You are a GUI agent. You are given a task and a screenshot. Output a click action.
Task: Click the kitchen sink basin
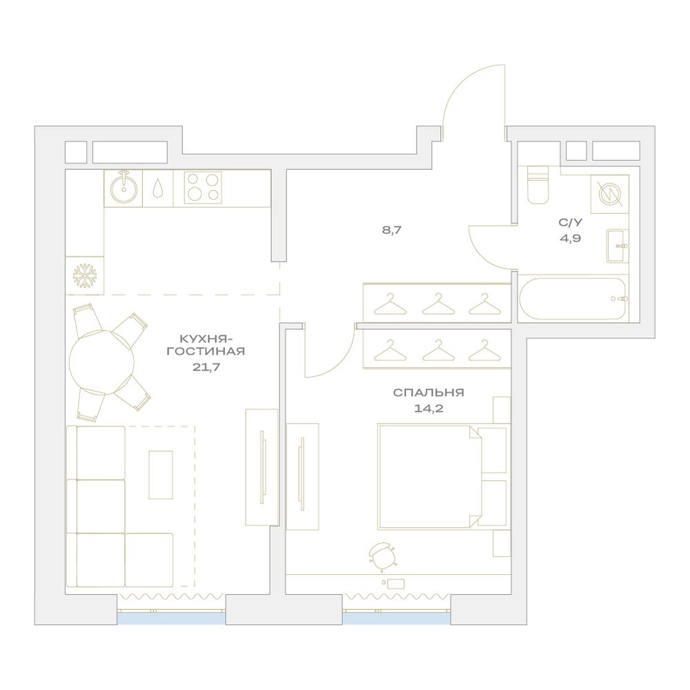pyautogui.click(x=124, y=189)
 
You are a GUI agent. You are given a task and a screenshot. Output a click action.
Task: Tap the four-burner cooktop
pyautogui.click(x=202, y=188)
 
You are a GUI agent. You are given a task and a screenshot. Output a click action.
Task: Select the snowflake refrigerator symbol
pyautogui.click(x=84, y=276)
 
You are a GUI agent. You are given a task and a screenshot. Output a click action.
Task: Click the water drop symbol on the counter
pyautogui.click(x=157, y=188)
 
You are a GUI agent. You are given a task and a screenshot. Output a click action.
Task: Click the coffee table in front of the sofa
pyautogui.click(x=161, y=475)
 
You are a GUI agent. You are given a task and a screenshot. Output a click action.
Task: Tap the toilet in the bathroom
pyautogui.click(x=538, y=185)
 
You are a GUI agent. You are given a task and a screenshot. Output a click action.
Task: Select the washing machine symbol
pyautogui.click(x=610, y=193)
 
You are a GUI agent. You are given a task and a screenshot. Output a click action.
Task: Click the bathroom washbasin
pyautogui.click(x=618, y=246)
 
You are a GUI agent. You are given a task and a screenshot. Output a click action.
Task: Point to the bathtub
pyautogui.click(x=573, y=299)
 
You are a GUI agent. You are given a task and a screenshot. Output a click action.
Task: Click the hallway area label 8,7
pyautogui.click(x=392, y=230)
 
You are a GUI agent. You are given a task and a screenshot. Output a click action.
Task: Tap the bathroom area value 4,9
pyautogui.click(x=571, y=239)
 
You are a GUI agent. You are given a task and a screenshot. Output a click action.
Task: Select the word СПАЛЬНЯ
pyautogui.click(x=428, y=392)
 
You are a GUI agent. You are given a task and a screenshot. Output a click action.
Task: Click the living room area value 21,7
pyautogui.click(x=206, y=366)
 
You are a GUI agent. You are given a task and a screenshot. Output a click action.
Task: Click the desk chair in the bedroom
pyautogui.click(x=382, y=556)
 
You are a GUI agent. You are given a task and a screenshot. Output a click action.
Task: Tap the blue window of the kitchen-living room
pyautogui.click(x=171, y=618)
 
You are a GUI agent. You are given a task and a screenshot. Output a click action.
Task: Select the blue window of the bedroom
pyautogui.click(x=397, y=618)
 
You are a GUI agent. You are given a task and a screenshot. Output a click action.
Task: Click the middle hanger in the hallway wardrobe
pyautogui.click(x=437, y=304)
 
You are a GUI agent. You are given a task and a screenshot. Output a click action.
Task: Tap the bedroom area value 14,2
pyautogui.click(x=428, y=408)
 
